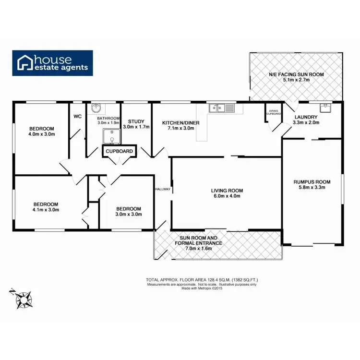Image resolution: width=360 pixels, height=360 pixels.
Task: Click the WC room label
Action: click(77, 117)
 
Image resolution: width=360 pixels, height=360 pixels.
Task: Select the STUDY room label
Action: click(136, 121)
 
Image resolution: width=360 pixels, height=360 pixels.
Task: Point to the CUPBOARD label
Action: click(120, 151)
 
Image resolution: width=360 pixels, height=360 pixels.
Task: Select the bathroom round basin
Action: click(96, 108)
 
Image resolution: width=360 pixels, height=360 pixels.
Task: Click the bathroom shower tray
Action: click(112, 136)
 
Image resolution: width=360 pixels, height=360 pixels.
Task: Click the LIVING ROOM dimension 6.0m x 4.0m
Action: click(226, 196)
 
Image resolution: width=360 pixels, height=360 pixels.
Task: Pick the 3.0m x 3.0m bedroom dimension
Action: click(129, 215)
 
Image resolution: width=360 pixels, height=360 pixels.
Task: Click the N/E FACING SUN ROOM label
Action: click(296, 74)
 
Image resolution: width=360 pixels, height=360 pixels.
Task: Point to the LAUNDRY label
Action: click(305, 117)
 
